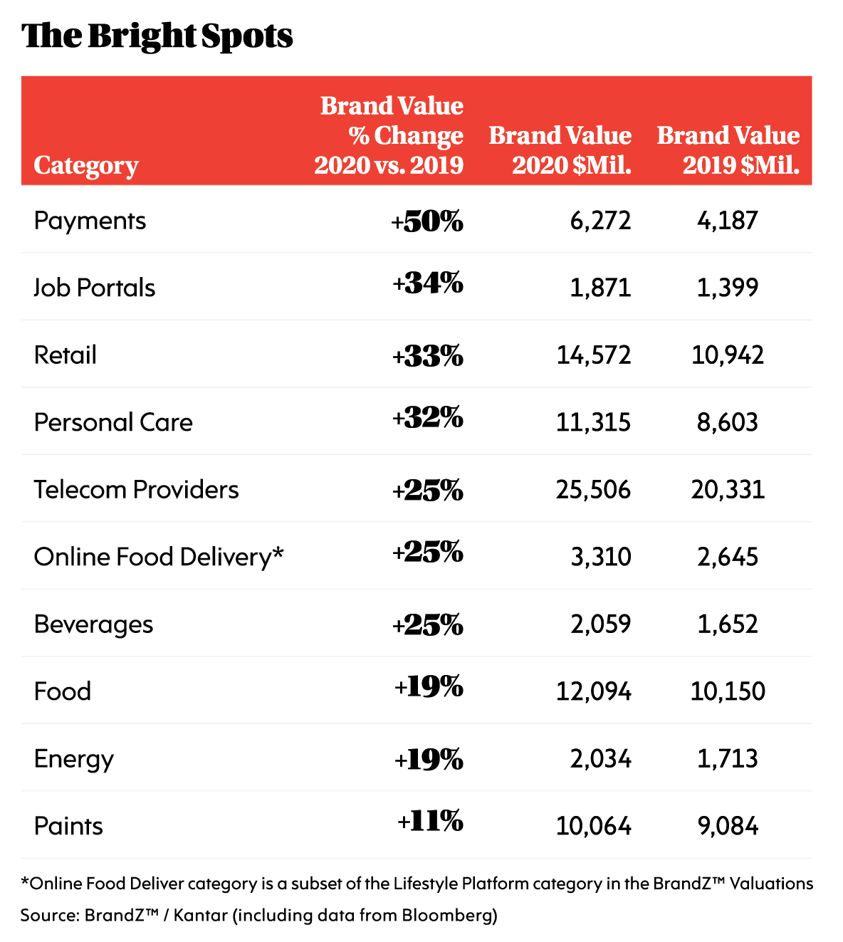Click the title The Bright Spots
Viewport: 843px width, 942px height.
coord(157,36)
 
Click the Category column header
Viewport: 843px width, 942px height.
coord(85,165)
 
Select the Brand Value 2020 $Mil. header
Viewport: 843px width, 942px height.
coord(560,150)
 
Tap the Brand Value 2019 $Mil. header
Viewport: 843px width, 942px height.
coord(728,150)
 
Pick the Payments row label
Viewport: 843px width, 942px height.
coord(90,221)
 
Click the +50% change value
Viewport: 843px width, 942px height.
coord(427,221)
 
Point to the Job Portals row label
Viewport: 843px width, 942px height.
coord(95,288)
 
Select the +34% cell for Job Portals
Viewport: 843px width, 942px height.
coord(428,284)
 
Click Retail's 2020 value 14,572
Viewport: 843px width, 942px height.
coord(594,355)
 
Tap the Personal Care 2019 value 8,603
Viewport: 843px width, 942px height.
coord(728,422)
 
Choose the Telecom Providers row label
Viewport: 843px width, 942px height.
coord(137,490)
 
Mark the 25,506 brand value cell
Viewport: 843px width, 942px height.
coord(593,490)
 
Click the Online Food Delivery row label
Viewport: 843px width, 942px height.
coord(159,557)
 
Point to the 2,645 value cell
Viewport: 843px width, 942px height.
coord(728,557)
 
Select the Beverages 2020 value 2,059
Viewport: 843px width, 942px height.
coord(600,624)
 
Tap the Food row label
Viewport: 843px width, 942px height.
coord(63,691)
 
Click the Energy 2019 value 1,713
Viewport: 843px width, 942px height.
coord(728,759)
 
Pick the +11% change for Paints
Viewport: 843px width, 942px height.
coord(430,822)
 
